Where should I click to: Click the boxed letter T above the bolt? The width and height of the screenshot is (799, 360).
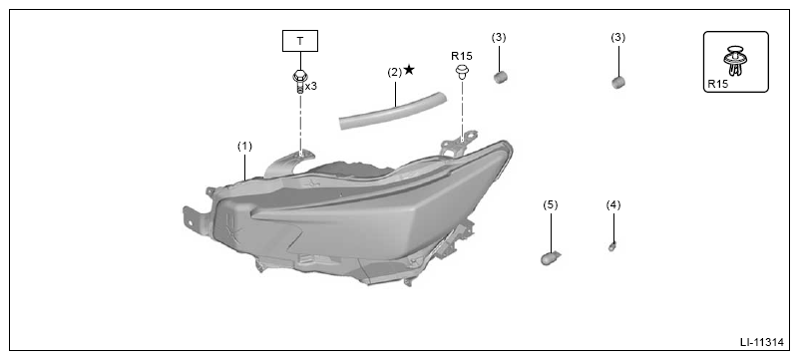300,41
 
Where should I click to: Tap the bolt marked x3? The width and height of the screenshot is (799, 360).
299,82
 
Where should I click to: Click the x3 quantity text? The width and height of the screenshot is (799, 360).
311,86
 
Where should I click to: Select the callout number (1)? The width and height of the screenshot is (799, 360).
244,147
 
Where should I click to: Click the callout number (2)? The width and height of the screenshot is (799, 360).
395,72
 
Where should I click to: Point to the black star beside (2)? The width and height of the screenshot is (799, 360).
409,70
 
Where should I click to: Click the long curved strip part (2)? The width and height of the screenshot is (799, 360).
393,111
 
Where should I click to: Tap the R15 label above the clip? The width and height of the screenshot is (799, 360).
462,56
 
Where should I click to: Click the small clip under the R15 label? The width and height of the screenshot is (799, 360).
462,72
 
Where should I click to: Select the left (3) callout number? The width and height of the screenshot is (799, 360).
499,37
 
